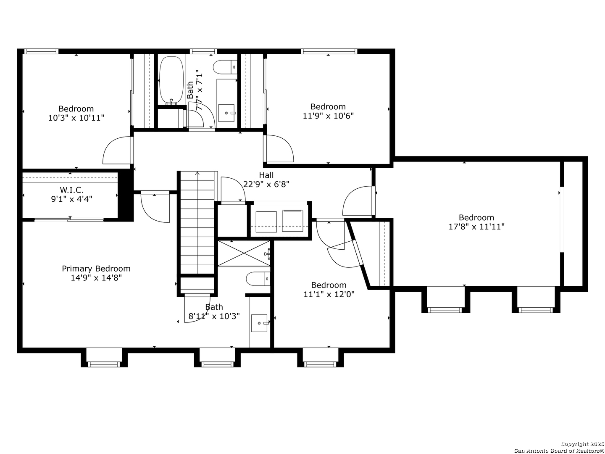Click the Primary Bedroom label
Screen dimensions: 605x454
[96, 269]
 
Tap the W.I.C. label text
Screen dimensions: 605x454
[72, 190]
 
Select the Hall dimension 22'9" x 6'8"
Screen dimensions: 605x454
[266, 184]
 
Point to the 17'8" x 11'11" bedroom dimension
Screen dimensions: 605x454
[476, 227]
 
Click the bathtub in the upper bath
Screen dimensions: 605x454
[171, 80]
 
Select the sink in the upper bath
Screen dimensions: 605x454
[226, 113]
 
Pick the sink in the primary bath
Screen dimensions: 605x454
[259, 323]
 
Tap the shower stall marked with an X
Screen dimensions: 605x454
[244, 253]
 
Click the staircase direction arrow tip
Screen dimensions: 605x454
[197, 172]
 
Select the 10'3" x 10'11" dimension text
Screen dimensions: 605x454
[76, 118]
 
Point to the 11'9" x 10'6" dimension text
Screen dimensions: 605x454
[328, 116]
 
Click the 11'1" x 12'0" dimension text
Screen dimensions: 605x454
[329, 294]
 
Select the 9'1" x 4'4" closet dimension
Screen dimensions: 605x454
[72, 199]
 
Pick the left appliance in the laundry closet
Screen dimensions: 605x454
[266, 222]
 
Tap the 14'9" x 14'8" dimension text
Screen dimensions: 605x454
[96, 277]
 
